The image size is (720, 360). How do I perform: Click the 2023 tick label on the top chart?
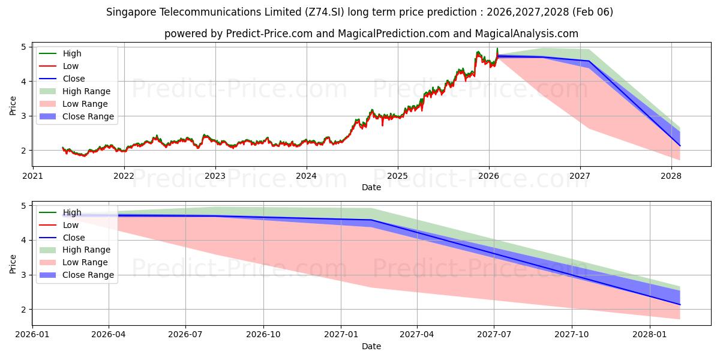tap(215, 176)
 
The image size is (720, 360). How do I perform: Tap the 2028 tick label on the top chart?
tap(671, 176)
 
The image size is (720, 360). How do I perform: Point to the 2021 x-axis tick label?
tap(32, 176)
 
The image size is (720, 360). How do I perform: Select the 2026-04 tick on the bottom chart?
tap(109, 335)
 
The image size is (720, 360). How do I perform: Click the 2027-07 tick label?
tap(494, 335)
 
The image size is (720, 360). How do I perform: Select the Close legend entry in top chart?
tap(74, 79)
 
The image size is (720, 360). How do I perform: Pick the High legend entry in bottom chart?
tap(72, 212)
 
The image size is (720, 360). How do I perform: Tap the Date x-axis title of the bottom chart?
tap(371, 346)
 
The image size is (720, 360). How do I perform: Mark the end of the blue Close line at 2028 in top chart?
tap(680, 145)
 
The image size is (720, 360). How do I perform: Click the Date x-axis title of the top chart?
tap(371, 187)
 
